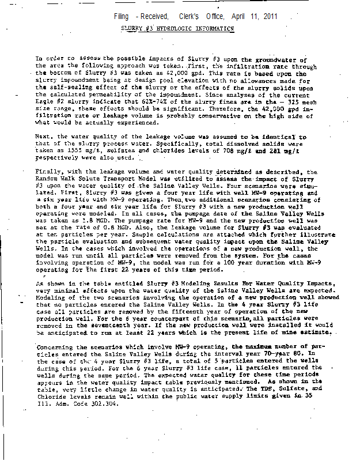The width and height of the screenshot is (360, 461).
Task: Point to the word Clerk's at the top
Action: [x=198, y=16]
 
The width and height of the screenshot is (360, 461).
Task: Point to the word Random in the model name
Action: [x=48, y=179]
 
